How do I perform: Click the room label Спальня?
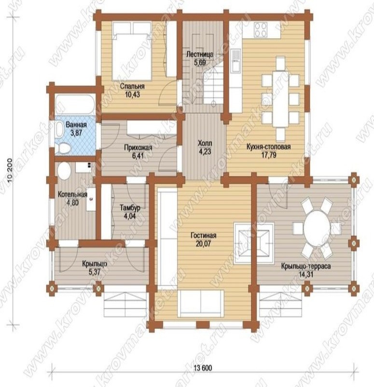coord(132,87)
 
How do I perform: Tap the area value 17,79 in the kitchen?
coord(269,155)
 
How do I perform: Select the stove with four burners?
coord(261,30)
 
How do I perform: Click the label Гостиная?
coord(203,236)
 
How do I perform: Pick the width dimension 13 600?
coord(203,368)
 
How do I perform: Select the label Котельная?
coord(72,194)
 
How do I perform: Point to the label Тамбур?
coord(130,208)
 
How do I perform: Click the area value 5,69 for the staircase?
coord(200,62)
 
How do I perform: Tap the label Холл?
coord(205,143)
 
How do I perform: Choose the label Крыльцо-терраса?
coord(306,267)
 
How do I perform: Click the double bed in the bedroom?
coord(132,51)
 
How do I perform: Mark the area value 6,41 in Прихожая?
coord(138,156)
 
